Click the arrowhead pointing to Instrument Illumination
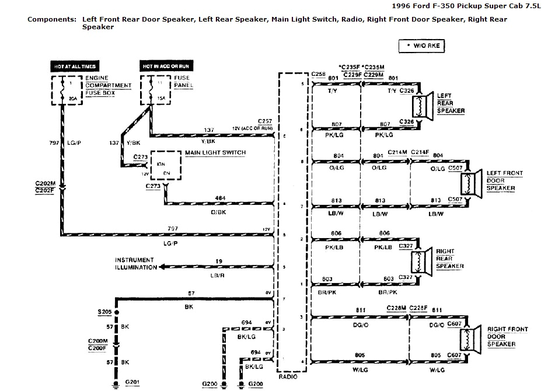point(161,267)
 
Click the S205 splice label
point(106,312)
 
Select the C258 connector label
point(319,75)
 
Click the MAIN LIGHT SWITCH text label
point(215,153)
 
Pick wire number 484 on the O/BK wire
point(220,198)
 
